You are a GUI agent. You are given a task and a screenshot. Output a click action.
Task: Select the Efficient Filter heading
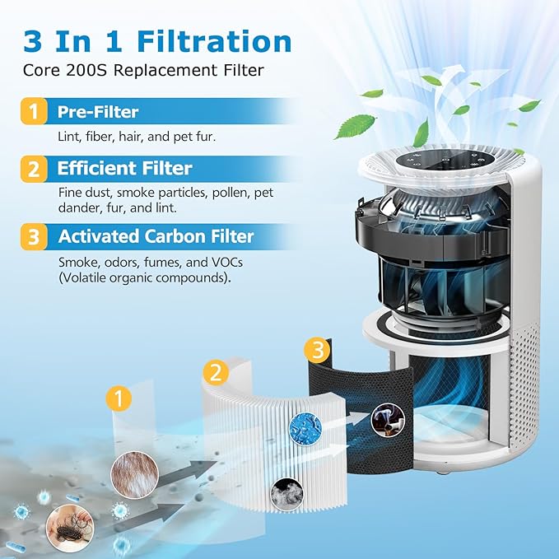(124, 169)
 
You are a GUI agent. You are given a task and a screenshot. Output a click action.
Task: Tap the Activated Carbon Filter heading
(156, 237)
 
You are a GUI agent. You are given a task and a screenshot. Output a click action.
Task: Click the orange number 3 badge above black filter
(317, 349)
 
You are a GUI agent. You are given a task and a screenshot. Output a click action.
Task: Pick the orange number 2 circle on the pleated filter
(215, 372)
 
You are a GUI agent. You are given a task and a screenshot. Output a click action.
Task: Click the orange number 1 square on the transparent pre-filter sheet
(119, 400)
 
